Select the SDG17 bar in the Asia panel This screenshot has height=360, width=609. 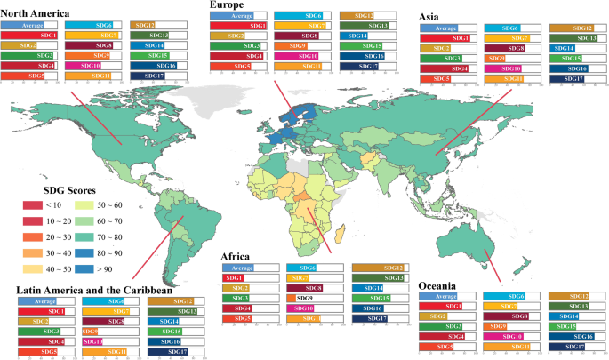point(572,80)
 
